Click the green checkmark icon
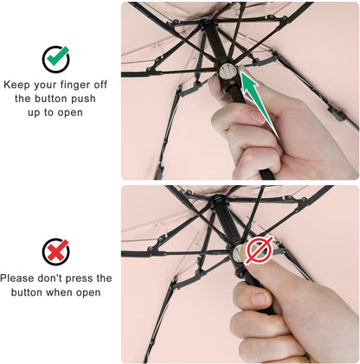[56, 58]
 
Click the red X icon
[56, 252]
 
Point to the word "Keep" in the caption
[18, 85]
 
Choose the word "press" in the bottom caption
[91, 278]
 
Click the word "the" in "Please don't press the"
[102, 278]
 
